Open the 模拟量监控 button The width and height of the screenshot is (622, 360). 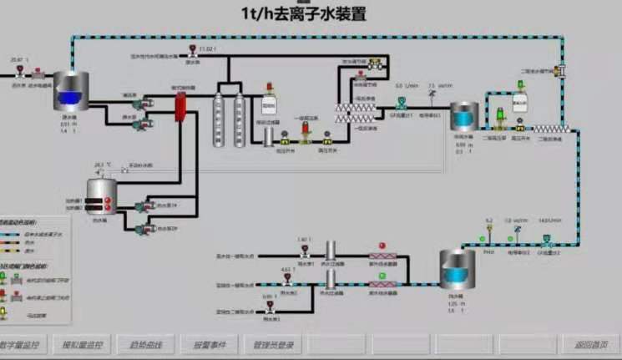click(83, 344)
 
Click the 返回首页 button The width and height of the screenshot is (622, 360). click(587, 344)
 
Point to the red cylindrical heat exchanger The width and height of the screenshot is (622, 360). click(180, 108)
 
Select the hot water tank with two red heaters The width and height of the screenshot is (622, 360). click(102, 197)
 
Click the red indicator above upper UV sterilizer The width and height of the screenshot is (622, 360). click(382, 246)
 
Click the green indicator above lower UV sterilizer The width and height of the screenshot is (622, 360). click(382, 275)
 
